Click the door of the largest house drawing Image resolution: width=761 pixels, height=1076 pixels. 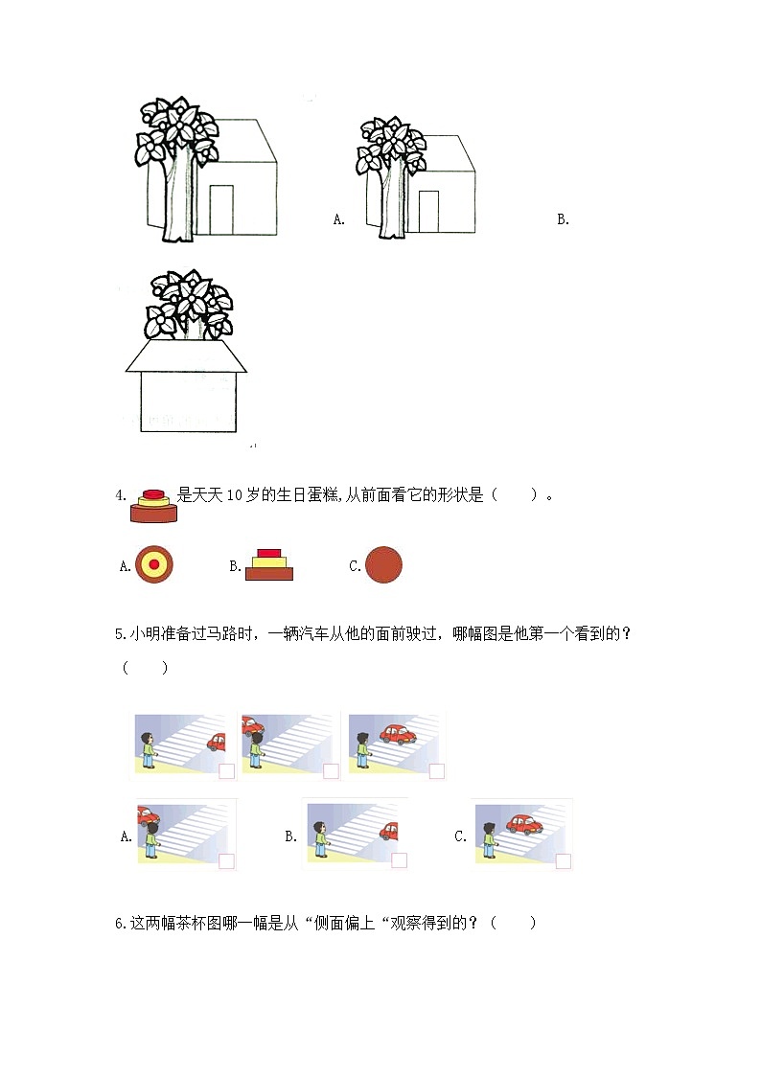tap(221, 210)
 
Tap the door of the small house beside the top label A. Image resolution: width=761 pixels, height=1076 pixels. tap(428, 212)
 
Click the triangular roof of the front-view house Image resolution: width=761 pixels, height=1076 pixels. tap(186, 355)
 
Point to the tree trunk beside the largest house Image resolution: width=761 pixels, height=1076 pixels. tap(178, 199)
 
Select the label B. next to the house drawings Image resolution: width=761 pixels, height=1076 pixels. tap(563, 219)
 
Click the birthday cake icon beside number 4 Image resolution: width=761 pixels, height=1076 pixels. tap(153, 506)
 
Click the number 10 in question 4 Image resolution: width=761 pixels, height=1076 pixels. tap(234, 494)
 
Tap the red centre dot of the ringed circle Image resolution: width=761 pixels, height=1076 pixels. tap(153, 564)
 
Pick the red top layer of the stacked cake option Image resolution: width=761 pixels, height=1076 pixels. tap(269, 553)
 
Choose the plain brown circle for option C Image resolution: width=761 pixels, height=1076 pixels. tap(383, 564)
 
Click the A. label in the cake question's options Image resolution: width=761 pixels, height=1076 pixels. tap(125, 566)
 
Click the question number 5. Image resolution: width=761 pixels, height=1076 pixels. tap(120, 634)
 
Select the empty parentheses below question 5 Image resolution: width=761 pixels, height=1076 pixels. tap(145, 667)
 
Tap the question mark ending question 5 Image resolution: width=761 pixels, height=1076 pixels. tap(626, 633)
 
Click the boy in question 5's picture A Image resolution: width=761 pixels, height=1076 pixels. tap(151, 839)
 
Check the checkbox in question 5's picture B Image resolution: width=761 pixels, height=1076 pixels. tap(399, 860)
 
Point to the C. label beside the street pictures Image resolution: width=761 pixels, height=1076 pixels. tap(460, 836)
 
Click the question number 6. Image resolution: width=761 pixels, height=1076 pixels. tap(121, 924)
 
